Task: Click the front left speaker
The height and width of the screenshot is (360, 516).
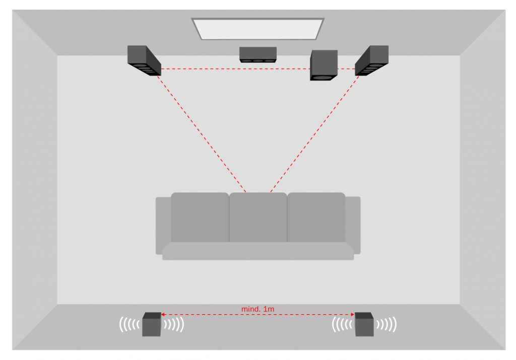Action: pyautogui.click(x=144, y=61)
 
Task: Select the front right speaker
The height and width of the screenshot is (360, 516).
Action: pyautogui.click(x=371, y=61)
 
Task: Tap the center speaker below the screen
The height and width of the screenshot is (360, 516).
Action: pyautogui.click(x=258, y=54)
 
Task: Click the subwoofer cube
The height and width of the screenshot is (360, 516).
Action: pyautogui.click(x=324, y=65)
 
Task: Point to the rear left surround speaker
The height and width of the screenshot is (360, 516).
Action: pyautogui.click(x=152, y=324)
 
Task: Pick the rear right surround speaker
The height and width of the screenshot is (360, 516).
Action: pyautogui.click(x=364, y=324)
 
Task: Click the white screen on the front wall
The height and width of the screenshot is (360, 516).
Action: pyautogui.click(x=258, y=29)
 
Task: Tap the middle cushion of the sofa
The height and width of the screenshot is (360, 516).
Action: pyautogui.click(x=258, y=218)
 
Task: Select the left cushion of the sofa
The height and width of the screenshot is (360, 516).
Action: pyautogui.click(x=200, y=218)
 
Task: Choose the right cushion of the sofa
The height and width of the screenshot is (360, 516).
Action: pyautogui.click(x=316, y=218)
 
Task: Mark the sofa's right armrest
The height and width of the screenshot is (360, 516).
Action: pyautogui.click(x=353, y=226)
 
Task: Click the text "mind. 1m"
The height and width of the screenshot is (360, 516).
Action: pyautogui.click(x=257, y=309)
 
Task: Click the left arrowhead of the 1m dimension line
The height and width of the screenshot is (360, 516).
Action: pyautogui.click(x=163, y=315)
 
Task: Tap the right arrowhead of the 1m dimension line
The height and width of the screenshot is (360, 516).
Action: pyautogui.click(x=353, y=315)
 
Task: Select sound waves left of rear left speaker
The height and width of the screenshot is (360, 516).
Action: pyautogui.click(x=130, y=324)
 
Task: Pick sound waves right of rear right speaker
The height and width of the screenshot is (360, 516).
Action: pyautogui.click(x=386, y=324)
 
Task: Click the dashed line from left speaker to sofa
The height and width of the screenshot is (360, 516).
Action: pyautogui.click(x=202, y=134)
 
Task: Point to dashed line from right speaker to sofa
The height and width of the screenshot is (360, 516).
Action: pyautogui.click(x=314, y=134)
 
